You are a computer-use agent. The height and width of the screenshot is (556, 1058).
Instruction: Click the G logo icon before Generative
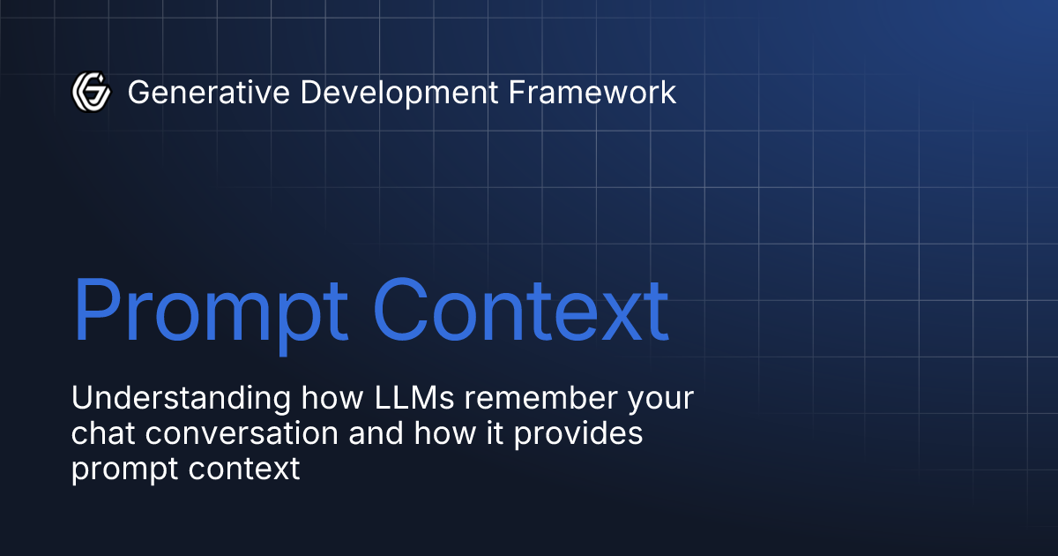point(91,92)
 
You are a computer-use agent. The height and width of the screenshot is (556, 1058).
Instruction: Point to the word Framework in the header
point(593,92)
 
